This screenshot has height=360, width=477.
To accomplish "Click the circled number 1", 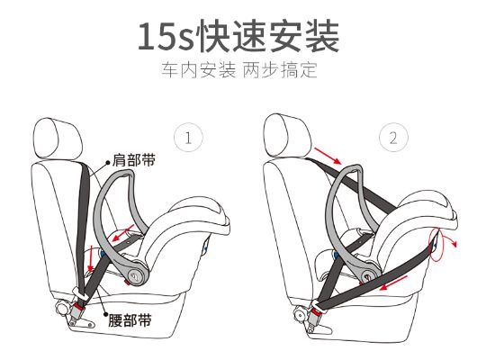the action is pyautogui.click(x=188, y=139).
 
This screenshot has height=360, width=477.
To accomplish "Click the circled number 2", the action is pyautogui.click(x=393, y=139).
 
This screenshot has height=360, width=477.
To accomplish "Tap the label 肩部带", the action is pyautogui.click(x=134, y=160).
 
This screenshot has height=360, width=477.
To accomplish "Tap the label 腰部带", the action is pyautogui.click(x=130, y=319).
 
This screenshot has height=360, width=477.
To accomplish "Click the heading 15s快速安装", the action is pyautogui.click(x=238, y=36).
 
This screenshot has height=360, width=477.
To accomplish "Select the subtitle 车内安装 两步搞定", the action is pyautogui.click(x=239, y=69).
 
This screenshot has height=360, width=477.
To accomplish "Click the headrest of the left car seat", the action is pyautogui.click(x=58, y=139).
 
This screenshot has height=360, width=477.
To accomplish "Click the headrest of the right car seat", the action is pyautogui.click(x=287, y=136).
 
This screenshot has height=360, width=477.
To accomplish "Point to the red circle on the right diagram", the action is pyautogui.click(x=436, y=245).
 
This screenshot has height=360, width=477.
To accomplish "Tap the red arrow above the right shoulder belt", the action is pyautogui.click(x=328, y=156).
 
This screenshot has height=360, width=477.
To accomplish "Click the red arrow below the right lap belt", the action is pyautogui.click(x=393, y=283).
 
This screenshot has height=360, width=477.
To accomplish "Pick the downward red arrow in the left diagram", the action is pyautogui.click(x=90, y=258).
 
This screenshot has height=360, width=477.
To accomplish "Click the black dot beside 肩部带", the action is pyautogui.click(x=107, y=162).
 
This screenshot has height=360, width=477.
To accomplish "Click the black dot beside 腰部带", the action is pyautogui.click(x=105, y=315).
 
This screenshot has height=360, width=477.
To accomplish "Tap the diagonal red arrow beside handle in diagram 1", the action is pyautogui.click(x=123, y=233).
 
